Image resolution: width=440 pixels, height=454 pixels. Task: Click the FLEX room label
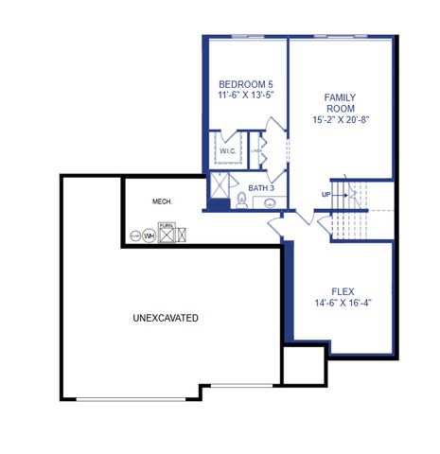click(343, 291)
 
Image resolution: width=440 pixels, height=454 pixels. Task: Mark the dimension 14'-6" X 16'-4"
click(343, 304)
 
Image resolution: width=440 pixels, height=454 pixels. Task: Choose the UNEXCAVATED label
click(166, 319)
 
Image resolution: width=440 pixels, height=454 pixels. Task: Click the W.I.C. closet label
click(228, 151)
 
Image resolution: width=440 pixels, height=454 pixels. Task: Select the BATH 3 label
click(261, 188)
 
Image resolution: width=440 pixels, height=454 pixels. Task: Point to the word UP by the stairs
click(326, 195)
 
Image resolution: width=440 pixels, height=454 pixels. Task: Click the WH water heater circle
click(149, 235)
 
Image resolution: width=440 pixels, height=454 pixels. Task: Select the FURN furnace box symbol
click(167, 233)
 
